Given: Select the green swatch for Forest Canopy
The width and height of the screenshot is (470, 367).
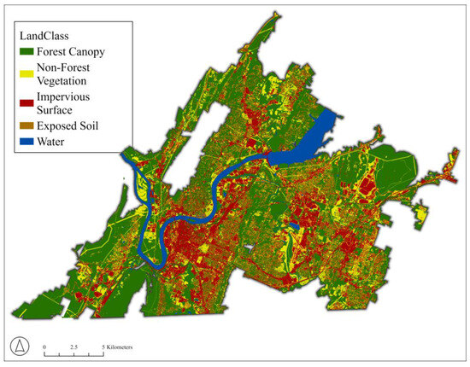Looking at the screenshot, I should click(x=26, y=52).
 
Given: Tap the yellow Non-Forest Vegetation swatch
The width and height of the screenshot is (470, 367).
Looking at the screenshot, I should click(x=26, y=72).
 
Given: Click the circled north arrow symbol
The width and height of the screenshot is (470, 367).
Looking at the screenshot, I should click(x=18, y=346).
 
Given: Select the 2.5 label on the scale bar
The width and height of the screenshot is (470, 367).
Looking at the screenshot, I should click(x=74, y=345).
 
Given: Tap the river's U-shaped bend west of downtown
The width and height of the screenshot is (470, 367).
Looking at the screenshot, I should click(x=154, y=243).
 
